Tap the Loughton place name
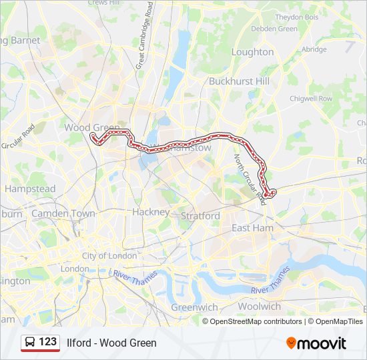252,52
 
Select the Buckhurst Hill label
238,81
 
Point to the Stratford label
200,216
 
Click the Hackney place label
151,212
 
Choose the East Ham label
252,228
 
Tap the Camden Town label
63,213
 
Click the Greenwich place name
194,307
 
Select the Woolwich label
260,307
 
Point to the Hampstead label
30,189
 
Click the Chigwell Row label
310,99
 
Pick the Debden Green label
274,29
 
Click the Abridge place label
314,49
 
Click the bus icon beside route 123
30,342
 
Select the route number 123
47,342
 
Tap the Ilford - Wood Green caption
111,343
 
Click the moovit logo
316,343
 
